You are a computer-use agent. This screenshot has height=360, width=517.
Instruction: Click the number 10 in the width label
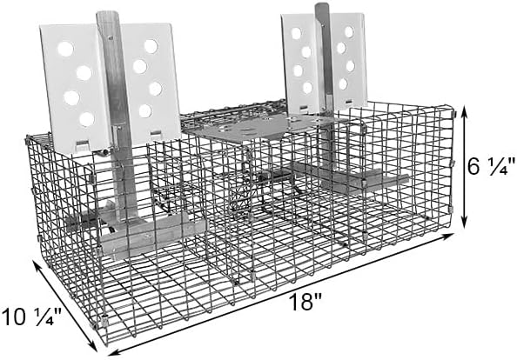click(x=18, y=314)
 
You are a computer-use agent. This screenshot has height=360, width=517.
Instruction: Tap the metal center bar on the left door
click(x=112, y=113)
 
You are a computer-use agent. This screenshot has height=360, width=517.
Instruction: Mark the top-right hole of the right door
click(x=348, y=32)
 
